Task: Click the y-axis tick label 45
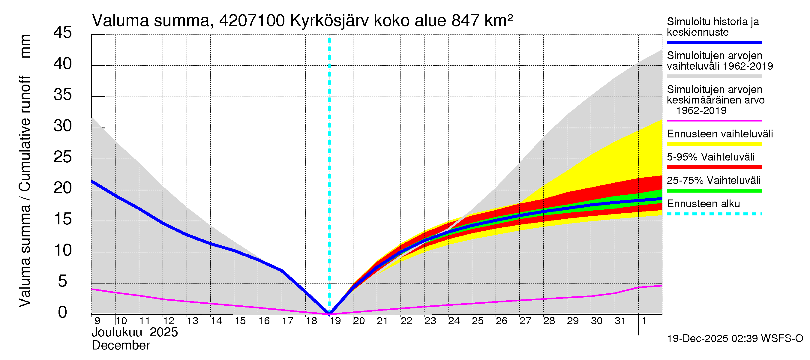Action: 63,33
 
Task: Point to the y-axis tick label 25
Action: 63,157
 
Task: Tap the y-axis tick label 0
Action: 63,313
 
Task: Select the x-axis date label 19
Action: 335,321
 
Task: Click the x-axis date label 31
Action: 620,321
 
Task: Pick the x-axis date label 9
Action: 97,321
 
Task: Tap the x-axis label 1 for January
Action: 644,321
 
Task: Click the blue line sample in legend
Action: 714,42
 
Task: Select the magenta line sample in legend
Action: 714,121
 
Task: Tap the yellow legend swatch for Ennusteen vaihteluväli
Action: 714,144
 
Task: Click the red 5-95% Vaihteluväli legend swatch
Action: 714,167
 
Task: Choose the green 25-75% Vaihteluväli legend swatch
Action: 714,190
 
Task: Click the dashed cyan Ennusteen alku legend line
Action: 714,214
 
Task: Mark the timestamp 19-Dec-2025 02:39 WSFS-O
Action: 735,339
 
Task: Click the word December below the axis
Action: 121,346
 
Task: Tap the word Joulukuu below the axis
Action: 117,332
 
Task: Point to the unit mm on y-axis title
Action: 25,46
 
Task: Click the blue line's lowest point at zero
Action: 329,313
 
